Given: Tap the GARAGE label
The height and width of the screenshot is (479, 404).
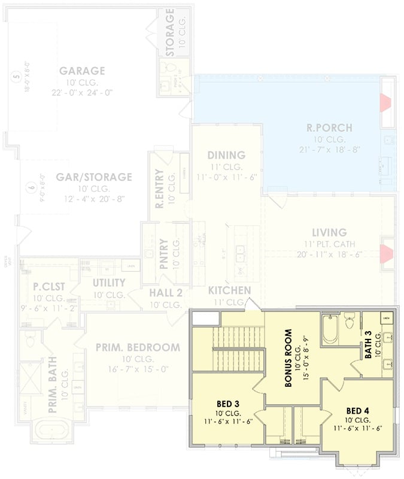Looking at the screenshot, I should point(82,71).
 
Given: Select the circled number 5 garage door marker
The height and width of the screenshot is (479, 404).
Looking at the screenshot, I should point(16,77).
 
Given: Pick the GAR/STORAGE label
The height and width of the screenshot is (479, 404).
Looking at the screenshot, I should point(94,177).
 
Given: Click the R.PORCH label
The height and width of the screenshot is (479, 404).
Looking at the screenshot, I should point(329,128).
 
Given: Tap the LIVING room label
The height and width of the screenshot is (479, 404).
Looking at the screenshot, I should point(329,232).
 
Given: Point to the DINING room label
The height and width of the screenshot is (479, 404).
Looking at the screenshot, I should point(226,155).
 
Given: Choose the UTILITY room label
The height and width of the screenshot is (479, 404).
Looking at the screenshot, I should point(108,283).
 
